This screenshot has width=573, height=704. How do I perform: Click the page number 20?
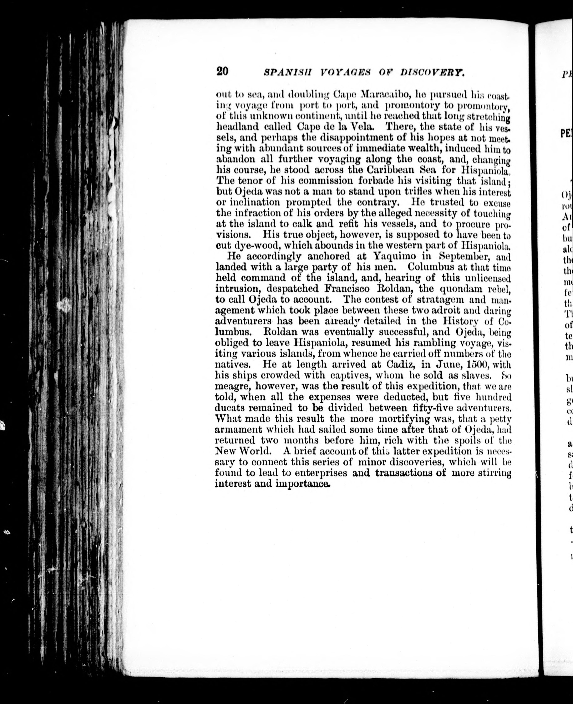coord(222,71)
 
